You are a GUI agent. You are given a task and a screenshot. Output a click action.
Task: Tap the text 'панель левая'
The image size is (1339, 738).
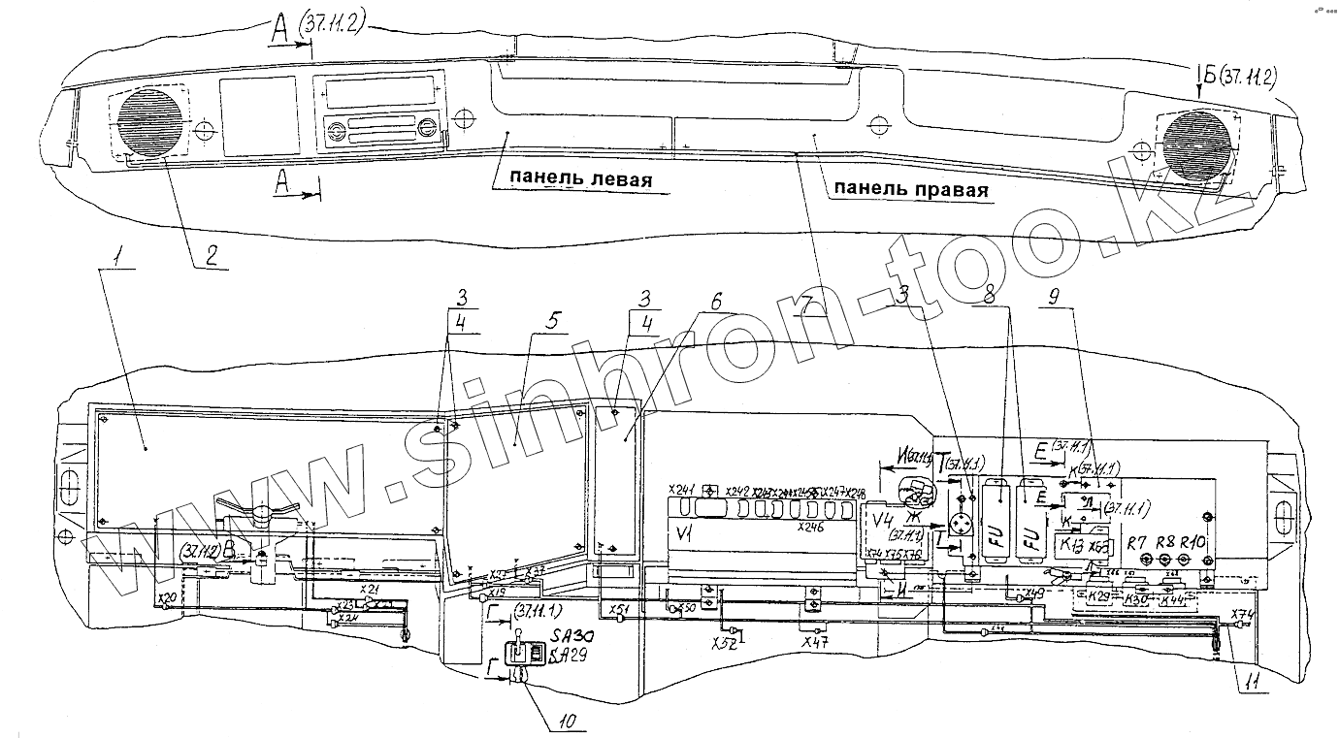[x=570, y=180]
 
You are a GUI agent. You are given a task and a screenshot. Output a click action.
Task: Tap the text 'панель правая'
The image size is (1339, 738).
[x=907, y=190]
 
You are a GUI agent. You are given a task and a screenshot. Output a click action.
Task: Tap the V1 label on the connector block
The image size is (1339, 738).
[x=684, y=534]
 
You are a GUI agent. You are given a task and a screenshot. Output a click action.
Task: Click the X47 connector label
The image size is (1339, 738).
[x=814, y=642]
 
